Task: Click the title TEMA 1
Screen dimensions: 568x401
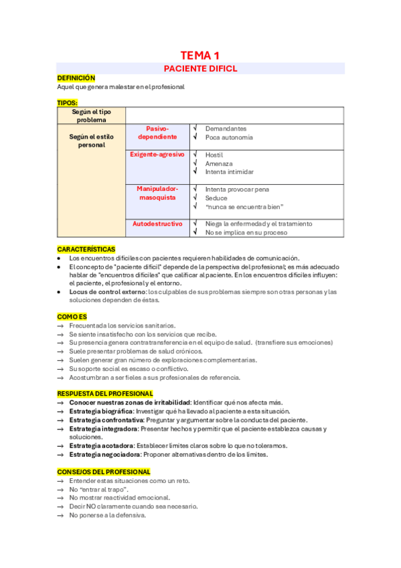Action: click(200, 56)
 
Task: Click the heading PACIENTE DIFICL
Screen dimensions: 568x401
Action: click(200, 68)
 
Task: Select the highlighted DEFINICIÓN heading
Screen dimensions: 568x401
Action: click(76, 78)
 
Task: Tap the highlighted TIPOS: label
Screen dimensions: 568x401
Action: click(68, 102)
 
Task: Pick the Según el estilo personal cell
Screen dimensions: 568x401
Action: click(91, 141)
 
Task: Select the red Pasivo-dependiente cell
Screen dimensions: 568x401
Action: click(158, 133)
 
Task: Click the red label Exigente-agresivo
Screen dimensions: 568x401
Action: click(158, 155)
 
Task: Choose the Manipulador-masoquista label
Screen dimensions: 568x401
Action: click(158, 193)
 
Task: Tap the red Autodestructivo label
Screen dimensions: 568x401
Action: click(158, 224)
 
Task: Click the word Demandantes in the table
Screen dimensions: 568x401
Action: click(226, 129)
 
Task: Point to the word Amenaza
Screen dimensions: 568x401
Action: click(219, 163)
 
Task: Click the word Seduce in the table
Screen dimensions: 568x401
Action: click(216, 198)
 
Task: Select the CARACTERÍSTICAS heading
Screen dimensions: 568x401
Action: click(86, 249)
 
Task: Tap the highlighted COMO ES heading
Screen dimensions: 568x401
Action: click(72, 316)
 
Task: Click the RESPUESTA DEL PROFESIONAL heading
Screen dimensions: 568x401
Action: click(105, 393)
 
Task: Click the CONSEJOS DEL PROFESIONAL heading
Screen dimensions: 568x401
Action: click(104, 472)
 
